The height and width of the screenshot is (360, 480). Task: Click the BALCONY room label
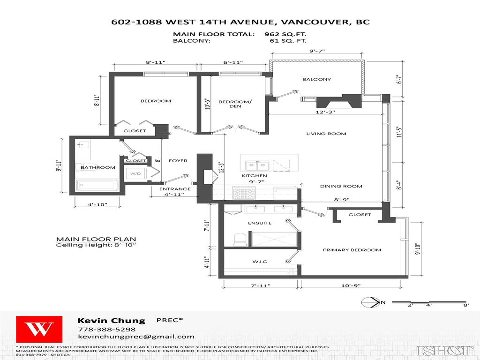click(316, 80)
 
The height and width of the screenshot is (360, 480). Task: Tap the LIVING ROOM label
click(326, 134)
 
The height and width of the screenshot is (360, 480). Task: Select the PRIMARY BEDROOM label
click(352, 250)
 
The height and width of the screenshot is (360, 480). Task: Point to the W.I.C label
click(260, 262)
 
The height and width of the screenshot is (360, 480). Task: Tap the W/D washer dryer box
click(135, 173)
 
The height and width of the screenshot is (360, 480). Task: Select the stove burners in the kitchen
click(244, 192)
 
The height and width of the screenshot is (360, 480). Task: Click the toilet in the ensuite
click(240, 239)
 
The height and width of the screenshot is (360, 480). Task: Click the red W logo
click(39, 330)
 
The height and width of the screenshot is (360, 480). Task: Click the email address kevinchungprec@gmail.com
click(136, 337)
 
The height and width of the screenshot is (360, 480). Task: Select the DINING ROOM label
click(341, 187)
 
